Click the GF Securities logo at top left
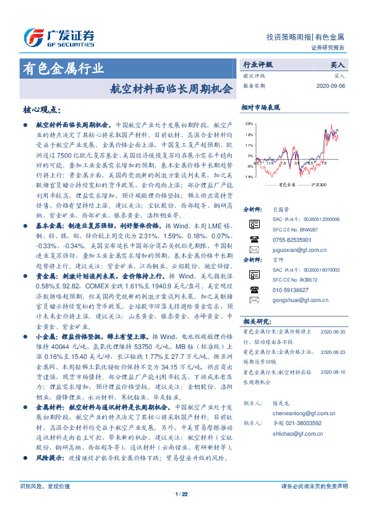(58, 38)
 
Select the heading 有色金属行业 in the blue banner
(63, 68)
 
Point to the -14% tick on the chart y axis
(249, 177)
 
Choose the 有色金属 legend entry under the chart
(285, 185)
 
